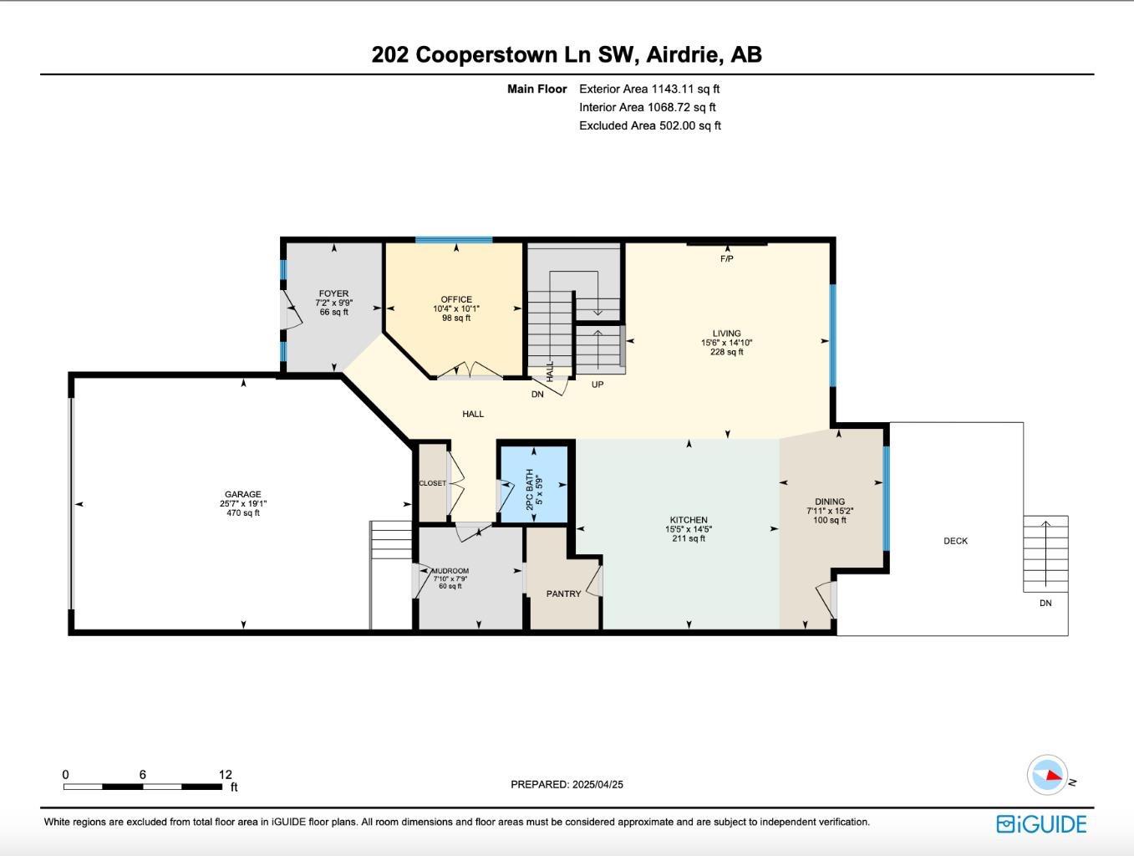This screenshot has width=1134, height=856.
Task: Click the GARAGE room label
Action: [x=242, y=494]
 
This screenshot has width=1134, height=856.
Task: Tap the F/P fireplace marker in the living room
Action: [x=726, y=259]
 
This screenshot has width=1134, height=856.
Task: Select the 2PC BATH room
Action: [x=533, y=486]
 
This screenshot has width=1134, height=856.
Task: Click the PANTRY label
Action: [x=563, y=594]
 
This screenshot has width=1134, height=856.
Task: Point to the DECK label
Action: [x=955, y=541]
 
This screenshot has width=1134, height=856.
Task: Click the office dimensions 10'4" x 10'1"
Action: [x=456, y=308]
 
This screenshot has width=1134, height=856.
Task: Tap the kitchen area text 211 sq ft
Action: [x=689, y=538]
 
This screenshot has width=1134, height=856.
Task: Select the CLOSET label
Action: [x=432, y=483]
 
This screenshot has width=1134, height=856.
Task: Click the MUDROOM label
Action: [x=450, y=571]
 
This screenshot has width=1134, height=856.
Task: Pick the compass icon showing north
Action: [x=1048, y=775]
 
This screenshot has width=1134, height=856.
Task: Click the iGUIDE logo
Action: [x=1041, y=824]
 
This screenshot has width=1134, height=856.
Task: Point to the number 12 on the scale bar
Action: [x=225, y=775]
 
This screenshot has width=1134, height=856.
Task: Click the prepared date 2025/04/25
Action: [x=598, y=784]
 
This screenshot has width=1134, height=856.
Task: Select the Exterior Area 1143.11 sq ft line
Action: [x=649, y=89]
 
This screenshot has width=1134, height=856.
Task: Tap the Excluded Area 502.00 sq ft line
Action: [x=649, y=125]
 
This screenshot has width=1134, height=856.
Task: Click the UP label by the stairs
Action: [x=598, y=385]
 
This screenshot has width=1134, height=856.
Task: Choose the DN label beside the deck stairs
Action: [x=1045, y=603]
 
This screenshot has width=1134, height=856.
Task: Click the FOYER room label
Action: [x=333, y=293]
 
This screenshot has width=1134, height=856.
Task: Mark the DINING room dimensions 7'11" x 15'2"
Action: [x=830, y=511]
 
